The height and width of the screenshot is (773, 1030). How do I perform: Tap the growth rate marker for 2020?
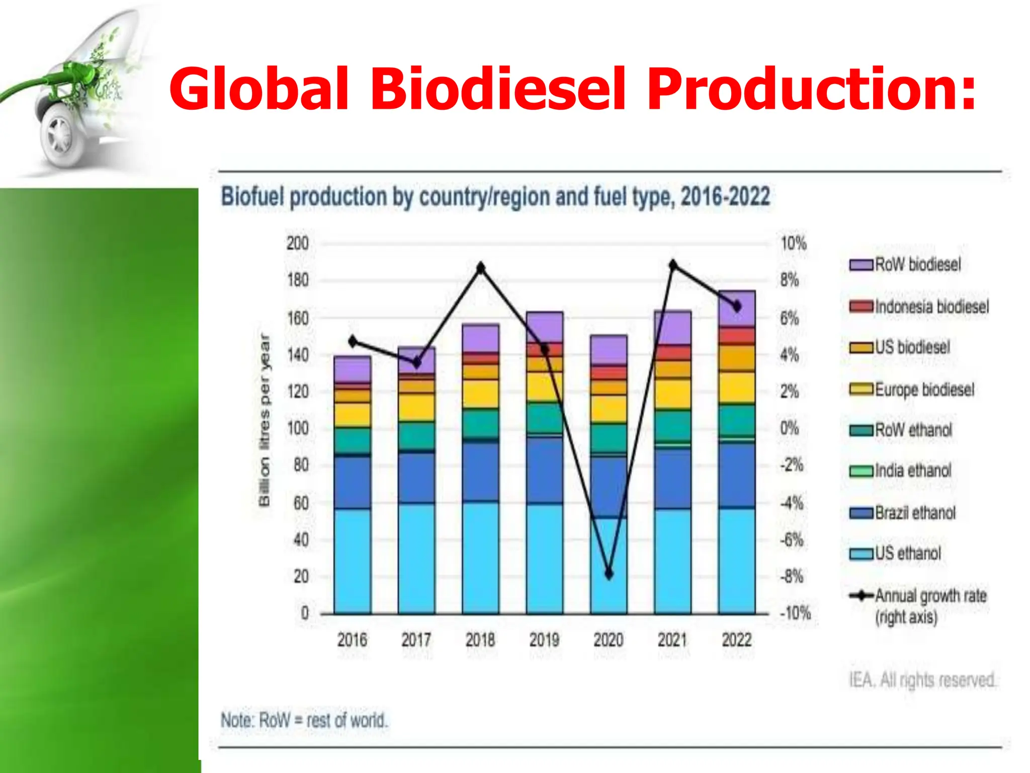tap(609, 574)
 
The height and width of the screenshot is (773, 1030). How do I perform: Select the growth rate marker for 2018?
tap(481, 268)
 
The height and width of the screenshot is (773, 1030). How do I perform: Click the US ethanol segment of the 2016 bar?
tap(353, 561)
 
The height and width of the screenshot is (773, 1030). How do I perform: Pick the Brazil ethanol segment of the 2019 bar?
tap(545, 470)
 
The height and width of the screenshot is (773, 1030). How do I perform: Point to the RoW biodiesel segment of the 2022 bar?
tap(737, 308)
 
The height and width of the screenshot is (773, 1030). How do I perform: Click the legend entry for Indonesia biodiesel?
tap(919, 306)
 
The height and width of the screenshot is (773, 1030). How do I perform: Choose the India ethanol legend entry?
tap(901, 471)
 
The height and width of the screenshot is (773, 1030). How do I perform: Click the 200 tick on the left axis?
tap(297, 244)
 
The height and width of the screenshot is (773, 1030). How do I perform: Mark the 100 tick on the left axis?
tap(297, 428)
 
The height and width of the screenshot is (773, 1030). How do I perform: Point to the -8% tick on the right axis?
tap(792, 576)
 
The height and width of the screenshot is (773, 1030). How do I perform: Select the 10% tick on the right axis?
tap(793, 244)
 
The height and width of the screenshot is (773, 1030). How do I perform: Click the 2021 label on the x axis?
tap(672, 640)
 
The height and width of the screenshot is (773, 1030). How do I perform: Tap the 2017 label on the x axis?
tap(416, 640)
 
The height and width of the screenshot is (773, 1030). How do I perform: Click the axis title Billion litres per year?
tap(264, 420)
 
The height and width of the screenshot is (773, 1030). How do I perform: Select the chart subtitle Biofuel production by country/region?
tap(495, 197)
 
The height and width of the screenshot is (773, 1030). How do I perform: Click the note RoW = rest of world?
tap(304, 720)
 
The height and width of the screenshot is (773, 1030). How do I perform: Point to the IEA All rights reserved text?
tap(922, 680)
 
